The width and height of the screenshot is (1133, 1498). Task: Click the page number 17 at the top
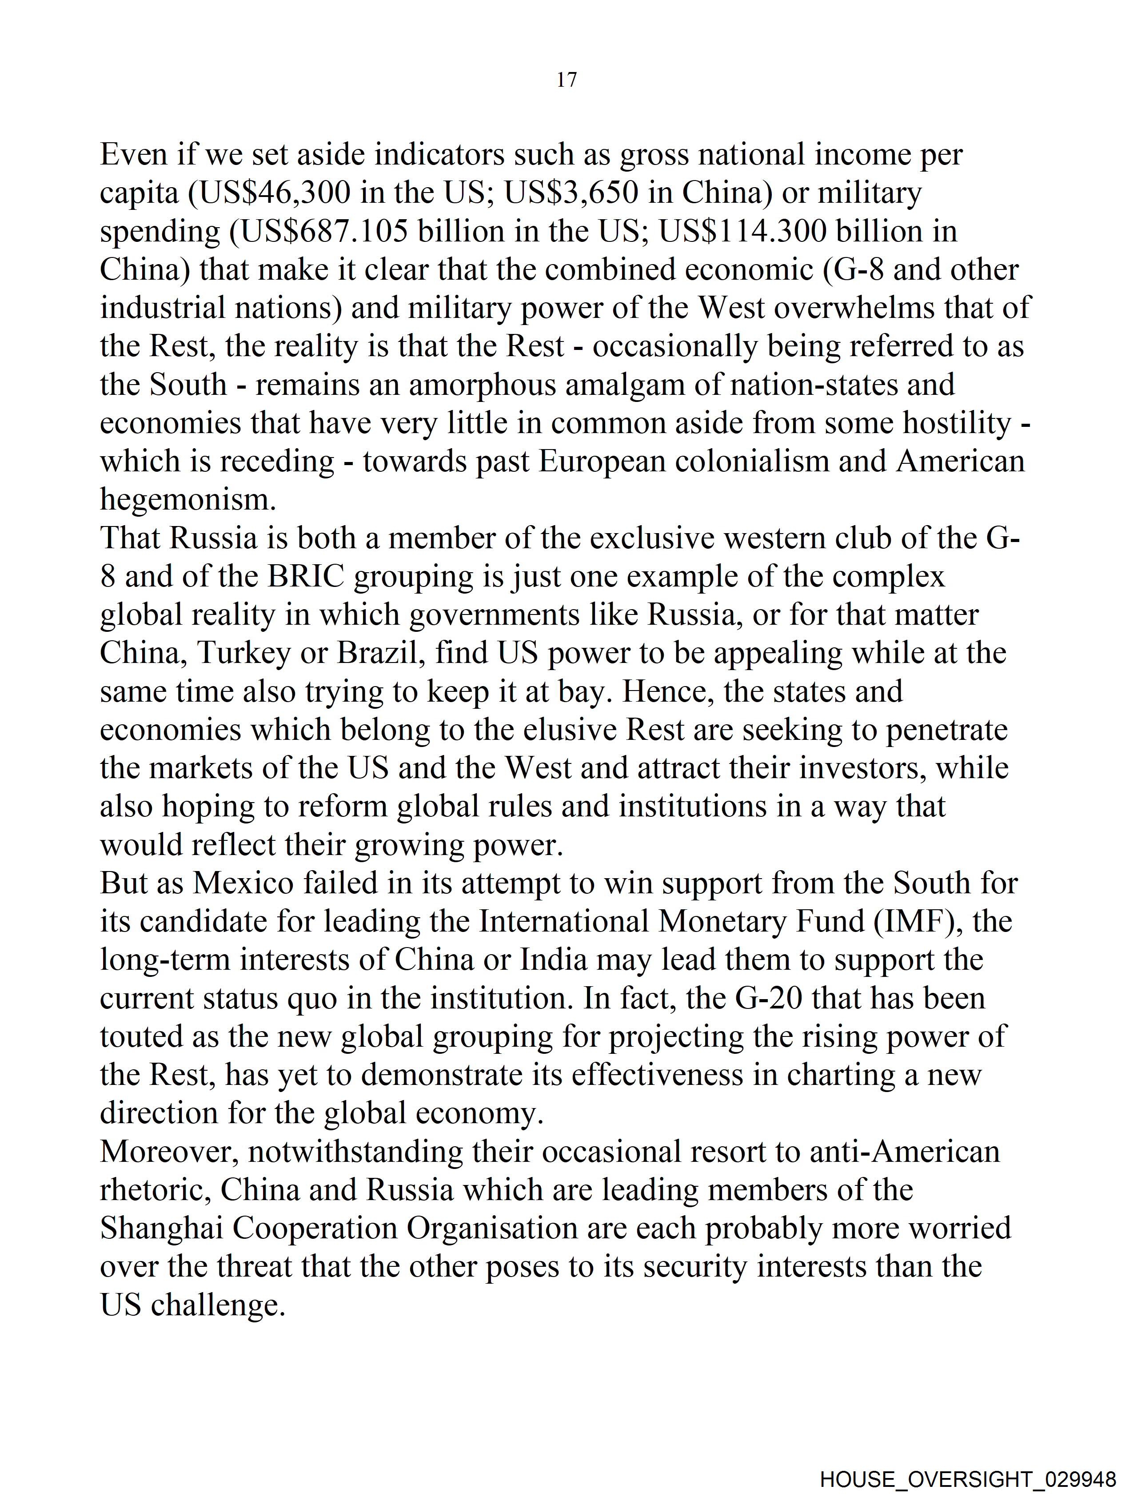click(x=566, y=80)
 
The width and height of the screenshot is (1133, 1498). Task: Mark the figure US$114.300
click(x=744, y=232)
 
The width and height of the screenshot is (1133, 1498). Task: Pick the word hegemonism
click(x=188, y=501)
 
